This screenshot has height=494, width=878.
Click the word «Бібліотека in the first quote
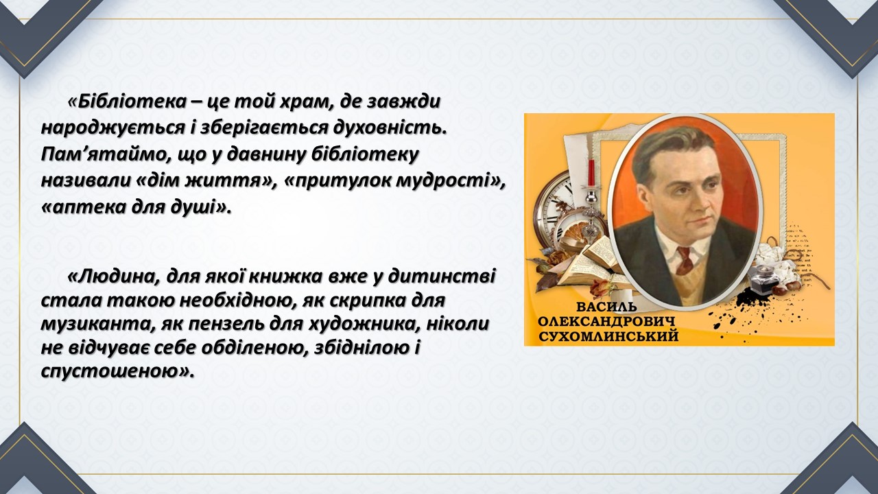(x=127, y=102)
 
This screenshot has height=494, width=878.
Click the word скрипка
(x=368, y=301)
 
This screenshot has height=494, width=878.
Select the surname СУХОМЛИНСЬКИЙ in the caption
(x=608, y=336)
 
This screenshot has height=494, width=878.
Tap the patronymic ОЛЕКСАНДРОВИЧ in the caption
(x=607, y=322)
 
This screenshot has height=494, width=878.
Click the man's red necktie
(x=684, y=261)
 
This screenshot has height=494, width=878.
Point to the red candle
(x=591, y=172)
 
